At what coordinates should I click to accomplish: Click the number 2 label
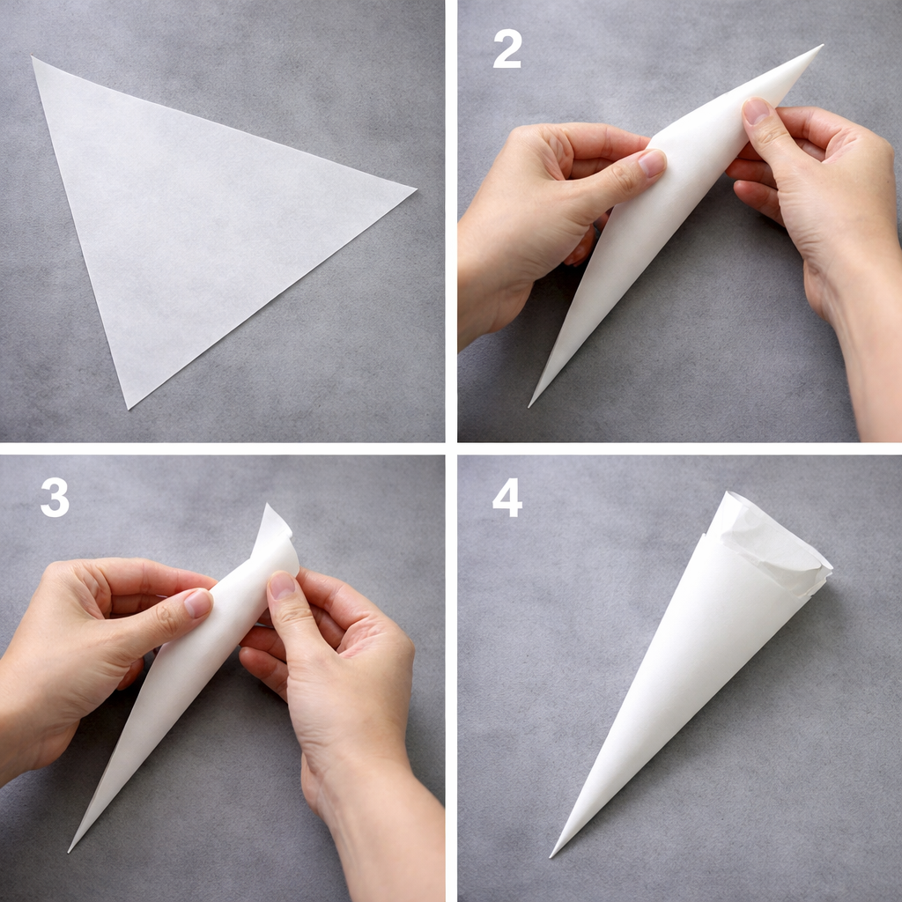pyautogui.click(x=507, y=49)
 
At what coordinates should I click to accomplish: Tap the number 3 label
pyautogui.click(x=55, y=498)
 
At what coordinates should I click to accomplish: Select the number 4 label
pyautogui.click(x=507, y=498)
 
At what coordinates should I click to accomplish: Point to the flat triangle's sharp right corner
pyautogui.click(x=414, y=188)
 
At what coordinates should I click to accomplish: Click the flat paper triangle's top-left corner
pyautogui.click(x=33, y=58)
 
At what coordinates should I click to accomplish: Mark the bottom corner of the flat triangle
pyautogui.click(x=129, y=408)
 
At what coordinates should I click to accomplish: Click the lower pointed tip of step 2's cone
pyautogui.click(x=530, y=405)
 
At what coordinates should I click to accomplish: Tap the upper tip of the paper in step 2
pyautogui.click(x=821, y=46)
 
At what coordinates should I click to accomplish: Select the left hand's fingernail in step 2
pyautogui.click(x=652, y=163)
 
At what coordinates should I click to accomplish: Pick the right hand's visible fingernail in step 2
pyautogui.click(x=756, y=110)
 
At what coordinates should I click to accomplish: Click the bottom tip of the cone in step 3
pyautogui.click(x=70, y=850)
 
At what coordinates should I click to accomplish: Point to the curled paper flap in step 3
pyautogui.click(x=275, y=529)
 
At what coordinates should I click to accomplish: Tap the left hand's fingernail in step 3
pyautogui.click(x=198, y=603)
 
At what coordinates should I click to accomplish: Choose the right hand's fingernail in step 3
pyautogui.click(x=282, y=586)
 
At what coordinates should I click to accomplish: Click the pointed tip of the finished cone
pyautogui.click(x=552, y=855)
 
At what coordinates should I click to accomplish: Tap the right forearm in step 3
pyautogui.click(x=388, y=837)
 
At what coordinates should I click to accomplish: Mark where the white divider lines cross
pyautogui.click(x=451, y=448)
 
